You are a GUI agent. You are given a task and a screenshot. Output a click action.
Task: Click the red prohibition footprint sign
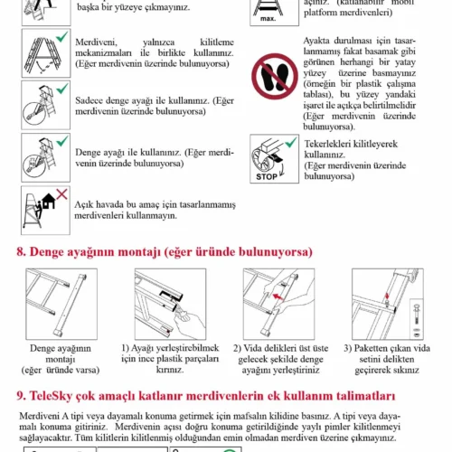click(275, 77)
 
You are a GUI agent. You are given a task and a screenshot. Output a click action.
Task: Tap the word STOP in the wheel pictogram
click(267, 176)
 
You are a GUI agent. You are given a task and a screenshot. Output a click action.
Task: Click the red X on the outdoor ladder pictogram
click(62, 194)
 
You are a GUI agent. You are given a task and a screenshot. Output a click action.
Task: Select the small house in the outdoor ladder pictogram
click(49, 202)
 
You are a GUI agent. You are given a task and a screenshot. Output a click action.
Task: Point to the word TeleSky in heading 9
click(51, 396)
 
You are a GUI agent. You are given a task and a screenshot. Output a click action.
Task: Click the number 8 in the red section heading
click(21, 252)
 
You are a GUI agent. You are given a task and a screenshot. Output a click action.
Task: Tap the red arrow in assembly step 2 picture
click(278, 297)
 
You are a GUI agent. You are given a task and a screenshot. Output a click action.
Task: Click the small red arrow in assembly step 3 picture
click(387, 296)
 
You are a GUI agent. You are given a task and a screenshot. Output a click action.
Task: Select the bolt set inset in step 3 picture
click(417, 319)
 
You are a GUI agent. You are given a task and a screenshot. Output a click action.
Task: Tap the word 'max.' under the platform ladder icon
click(268, 19)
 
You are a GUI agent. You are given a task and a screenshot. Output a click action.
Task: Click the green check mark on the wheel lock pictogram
click(291, 142)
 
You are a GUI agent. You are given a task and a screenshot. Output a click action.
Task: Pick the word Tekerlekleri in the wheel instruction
click(326, 144)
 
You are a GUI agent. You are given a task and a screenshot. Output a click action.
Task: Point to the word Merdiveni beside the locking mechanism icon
click(96, 42)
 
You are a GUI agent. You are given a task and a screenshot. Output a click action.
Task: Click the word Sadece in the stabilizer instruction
click(89, 100)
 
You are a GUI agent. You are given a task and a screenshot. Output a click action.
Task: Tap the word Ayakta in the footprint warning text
click(317, 41)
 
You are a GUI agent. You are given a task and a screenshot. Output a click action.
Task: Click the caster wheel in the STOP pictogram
click(262, 161)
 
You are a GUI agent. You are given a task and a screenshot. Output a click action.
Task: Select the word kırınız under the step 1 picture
click(170, 370)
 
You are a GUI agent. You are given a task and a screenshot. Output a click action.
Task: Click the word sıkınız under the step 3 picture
click(405, 370)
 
